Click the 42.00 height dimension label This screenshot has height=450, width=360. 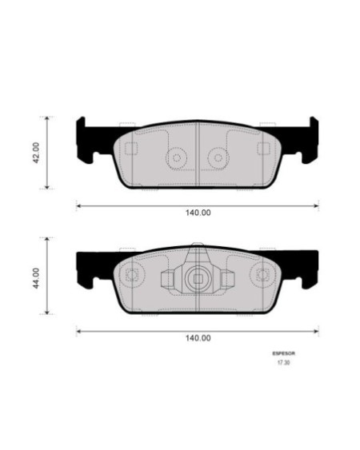(x=37, y=153)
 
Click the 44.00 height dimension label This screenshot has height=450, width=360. (x=37, y=278)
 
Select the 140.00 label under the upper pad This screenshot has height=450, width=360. (x=198, y=213)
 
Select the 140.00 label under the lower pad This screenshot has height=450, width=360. (x=198, y=338)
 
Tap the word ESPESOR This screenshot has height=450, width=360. (x=283, y=353)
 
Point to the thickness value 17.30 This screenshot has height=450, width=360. (x=283, y=362)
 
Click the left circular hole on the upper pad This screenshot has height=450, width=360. (x=177, y=157)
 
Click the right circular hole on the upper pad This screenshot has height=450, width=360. (x=218, y=157)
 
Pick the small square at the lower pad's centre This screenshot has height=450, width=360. (x=198, y=279)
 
